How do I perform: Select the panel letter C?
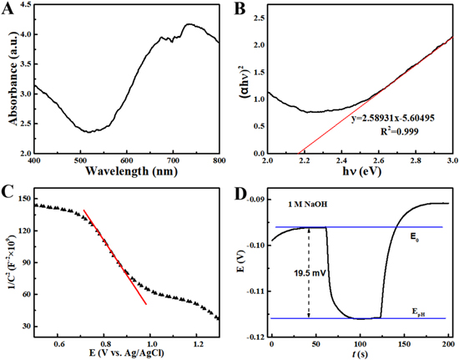pyautogui.click(x=11, y=190)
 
